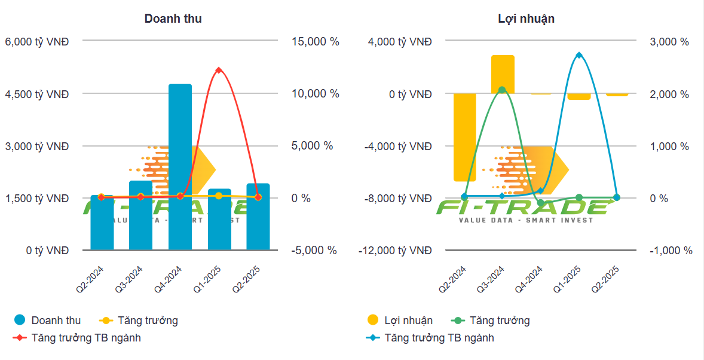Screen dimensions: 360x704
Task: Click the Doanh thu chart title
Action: pos(173,19)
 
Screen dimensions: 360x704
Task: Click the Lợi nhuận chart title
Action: pos(526,19)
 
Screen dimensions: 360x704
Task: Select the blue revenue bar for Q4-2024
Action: pos(180,167)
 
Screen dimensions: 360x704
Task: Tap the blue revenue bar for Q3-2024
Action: pos(141,215)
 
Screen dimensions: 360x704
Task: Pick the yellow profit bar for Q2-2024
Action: pos(464,137)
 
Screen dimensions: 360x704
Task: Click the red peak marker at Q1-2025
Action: pos(219,71)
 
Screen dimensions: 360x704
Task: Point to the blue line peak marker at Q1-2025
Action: pos(578,55)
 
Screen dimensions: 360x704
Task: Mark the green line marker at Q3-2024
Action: pos(502,90)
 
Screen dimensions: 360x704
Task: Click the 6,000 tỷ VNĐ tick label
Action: pos(36,42)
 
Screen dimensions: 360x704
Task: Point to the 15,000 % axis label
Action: pos(316,42)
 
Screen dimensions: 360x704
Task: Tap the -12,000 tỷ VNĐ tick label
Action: pos(395,251)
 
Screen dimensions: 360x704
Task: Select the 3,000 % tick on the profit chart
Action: pos(669,42)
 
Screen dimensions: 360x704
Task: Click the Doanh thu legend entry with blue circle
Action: pos(47,321)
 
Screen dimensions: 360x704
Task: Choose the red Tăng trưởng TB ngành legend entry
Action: pos(77,338)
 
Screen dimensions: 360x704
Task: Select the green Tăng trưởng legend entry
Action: pos(491,321)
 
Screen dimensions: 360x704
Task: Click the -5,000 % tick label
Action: pos(314,251)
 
